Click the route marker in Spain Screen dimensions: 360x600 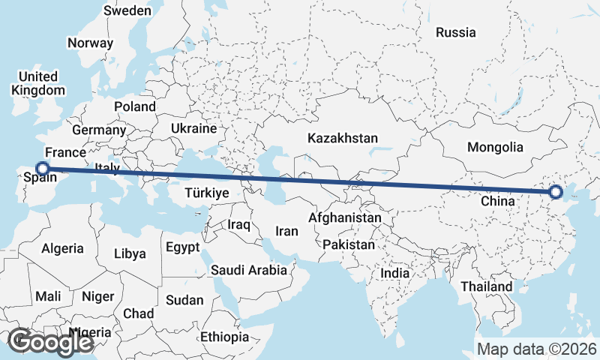pos(43,169)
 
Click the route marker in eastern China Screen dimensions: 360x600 pos(555,193)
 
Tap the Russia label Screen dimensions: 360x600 pos(455,32)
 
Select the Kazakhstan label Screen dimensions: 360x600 pos(342,138)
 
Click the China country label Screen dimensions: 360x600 pos(497,201)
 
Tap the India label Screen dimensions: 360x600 pos(394,274)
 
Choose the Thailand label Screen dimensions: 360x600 pos(487,286)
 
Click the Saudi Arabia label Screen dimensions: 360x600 pos(249,270)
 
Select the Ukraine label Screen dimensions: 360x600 pos(193,129)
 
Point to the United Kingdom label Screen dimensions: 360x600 pos(38,83)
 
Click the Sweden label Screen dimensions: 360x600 pos(127,10)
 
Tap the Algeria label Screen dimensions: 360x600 pos(62,248)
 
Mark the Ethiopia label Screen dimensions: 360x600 pos(225,337)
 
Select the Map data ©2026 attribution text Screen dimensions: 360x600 pos(536,349)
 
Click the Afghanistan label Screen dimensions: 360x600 pos(345,217)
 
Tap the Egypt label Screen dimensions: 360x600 pos(182,247)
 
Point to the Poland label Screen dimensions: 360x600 pos(135,106)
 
